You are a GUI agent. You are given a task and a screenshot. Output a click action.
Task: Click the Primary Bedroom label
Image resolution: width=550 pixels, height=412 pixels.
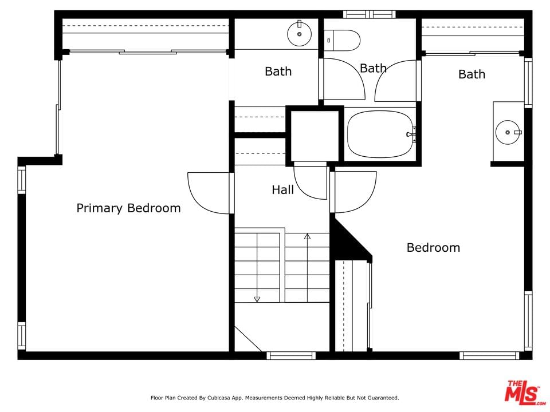click(128, 208)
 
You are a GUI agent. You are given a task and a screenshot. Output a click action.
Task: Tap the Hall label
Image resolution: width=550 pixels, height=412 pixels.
click(282, 190)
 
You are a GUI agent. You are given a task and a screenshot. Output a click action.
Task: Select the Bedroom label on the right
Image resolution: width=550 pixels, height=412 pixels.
click(433, 248)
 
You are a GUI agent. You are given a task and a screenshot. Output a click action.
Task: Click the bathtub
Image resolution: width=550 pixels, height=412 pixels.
click(380, 134)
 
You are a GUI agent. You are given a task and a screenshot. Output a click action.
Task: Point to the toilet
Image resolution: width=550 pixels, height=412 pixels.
click(342, 40)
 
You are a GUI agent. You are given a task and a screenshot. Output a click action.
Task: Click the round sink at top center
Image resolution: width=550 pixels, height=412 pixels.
click(299, 34)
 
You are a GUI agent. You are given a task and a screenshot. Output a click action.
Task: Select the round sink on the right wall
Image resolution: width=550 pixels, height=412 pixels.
click(508, 132)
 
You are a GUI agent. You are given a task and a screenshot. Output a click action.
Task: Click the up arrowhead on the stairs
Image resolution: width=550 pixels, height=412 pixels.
click(307, 236)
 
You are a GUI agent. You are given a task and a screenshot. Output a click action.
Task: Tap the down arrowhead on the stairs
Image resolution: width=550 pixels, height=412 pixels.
click(257, 299)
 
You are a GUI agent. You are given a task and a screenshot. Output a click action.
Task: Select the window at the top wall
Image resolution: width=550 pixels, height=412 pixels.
click(370, 14)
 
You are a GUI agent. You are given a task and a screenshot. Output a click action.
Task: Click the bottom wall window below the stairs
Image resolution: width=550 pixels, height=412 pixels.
click(291, 355)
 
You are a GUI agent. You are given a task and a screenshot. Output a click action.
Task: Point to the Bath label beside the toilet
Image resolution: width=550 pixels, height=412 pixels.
click(373, 68)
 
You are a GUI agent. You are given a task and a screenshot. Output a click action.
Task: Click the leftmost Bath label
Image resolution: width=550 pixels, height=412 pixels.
click(278, 72)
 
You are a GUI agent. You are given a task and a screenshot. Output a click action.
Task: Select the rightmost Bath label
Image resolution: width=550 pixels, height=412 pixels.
click(472, 74)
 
